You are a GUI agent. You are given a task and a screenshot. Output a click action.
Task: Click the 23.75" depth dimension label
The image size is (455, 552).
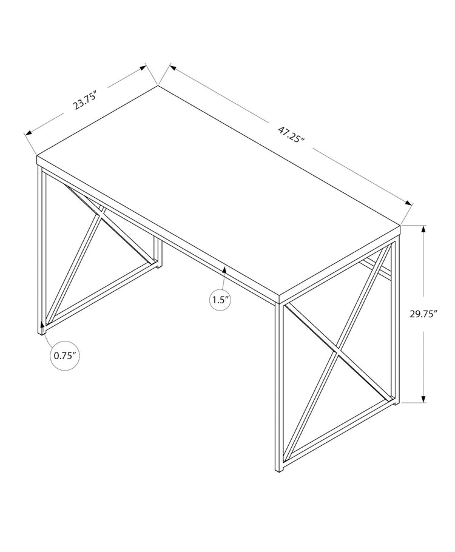point(84,100)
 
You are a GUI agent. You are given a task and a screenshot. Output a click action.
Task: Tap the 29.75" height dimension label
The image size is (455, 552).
point(423,314)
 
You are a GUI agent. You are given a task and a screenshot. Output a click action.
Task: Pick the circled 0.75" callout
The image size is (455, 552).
point(65,355)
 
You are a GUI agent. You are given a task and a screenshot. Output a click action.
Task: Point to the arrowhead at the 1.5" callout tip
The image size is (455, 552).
point(224,271)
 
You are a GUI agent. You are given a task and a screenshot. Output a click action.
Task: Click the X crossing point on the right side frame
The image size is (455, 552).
point(337,351)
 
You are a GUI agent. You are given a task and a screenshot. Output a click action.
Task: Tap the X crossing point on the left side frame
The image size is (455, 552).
point(101,213)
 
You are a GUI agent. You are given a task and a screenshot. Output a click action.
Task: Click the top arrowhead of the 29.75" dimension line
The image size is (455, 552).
point(423,229)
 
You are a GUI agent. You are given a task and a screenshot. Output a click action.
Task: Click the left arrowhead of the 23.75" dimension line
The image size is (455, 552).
point(28,133)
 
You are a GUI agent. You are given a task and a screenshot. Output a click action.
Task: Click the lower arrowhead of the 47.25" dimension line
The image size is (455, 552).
point(408,203)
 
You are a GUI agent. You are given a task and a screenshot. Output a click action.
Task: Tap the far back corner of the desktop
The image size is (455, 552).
point(158,86)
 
